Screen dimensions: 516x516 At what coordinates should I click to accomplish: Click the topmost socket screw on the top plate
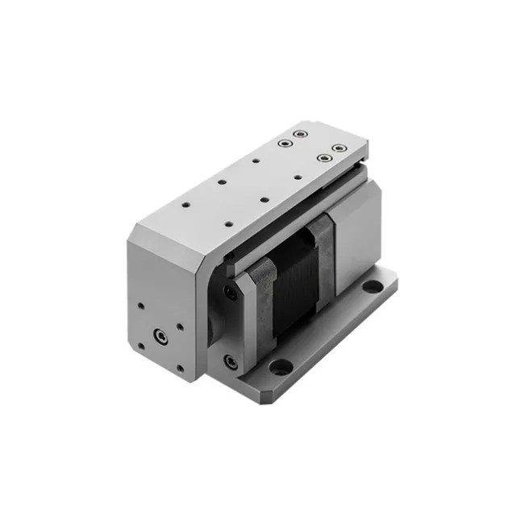click(x=301, y=134)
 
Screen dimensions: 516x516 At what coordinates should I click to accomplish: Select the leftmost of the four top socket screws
click(x=285, y=144)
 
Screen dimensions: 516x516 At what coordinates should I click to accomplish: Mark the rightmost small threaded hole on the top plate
click(x=298, y=175)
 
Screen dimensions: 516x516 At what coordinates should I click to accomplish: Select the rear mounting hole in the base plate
click(x=374, y=287)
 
